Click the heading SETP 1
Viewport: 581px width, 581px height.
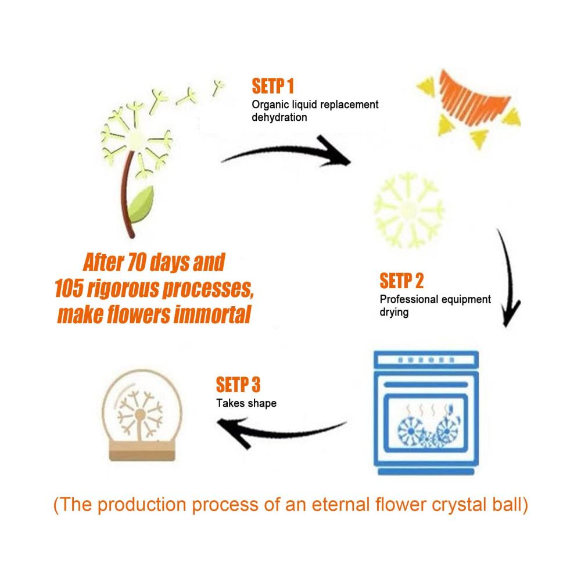point(272,86)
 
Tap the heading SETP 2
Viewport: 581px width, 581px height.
point(401,281)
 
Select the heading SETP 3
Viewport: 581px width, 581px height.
point(238,385)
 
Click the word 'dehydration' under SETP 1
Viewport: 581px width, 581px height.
point(279,117)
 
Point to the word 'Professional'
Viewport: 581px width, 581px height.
point(409,299)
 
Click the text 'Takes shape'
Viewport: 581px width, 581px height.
point(246,403)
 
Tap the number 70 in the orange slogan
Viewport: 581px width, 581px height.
point(137,263)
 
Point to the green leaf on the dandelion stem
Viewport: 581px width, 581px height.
point(142,205)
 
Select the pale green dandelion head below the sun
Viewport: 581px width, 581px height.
point(408,210)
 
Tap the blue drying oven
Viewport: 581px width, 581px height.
point(426,413)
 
